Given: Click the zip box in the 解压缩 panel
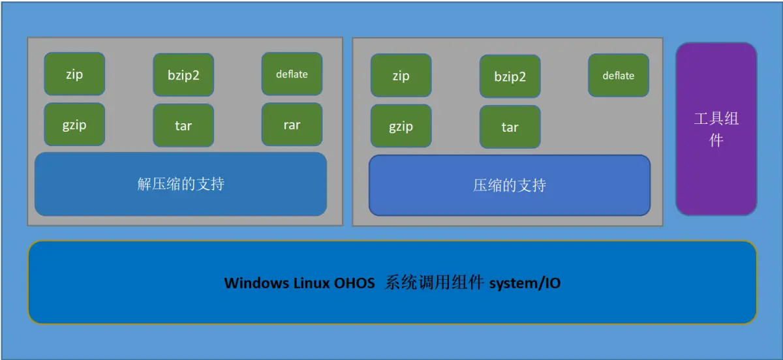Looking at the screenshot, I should coord(74,74).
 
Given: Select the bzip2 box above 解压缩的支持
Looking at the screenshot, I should coord(183,75).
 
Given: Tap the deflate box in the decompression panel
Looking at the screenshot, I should coord(292,74).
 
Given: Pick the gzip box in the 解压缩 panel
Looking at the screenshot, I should coord(74,125).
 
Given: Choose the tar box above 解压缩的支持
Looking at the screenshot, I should coord(183,125).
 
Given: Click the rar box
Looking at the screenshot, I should coord(292,125).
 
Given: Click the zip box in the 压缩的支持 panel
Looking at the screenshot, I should coord(401,76).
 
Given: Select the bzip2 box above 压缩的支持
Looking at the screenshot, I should coord(510,77).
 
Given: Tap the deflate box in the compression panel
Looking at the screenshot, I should coord(619,76).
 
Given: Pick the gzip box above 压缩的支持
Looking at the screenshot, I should coord(401,126).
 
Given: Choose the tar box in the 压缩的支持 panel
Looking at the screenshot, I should coord(510,127).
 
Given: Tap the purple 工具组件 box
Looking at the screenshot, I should coord(716,129).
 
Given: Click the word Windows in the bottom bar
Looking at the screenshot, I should coord(256,283).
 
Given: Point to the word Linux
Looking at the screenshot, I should coord(311,283).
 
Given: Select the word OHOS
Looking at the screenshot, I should coord(354,283).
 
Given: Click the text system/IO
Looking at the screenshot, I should coord(525,283).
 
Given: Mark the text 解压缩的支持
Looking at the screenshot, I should coord(181,185).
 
